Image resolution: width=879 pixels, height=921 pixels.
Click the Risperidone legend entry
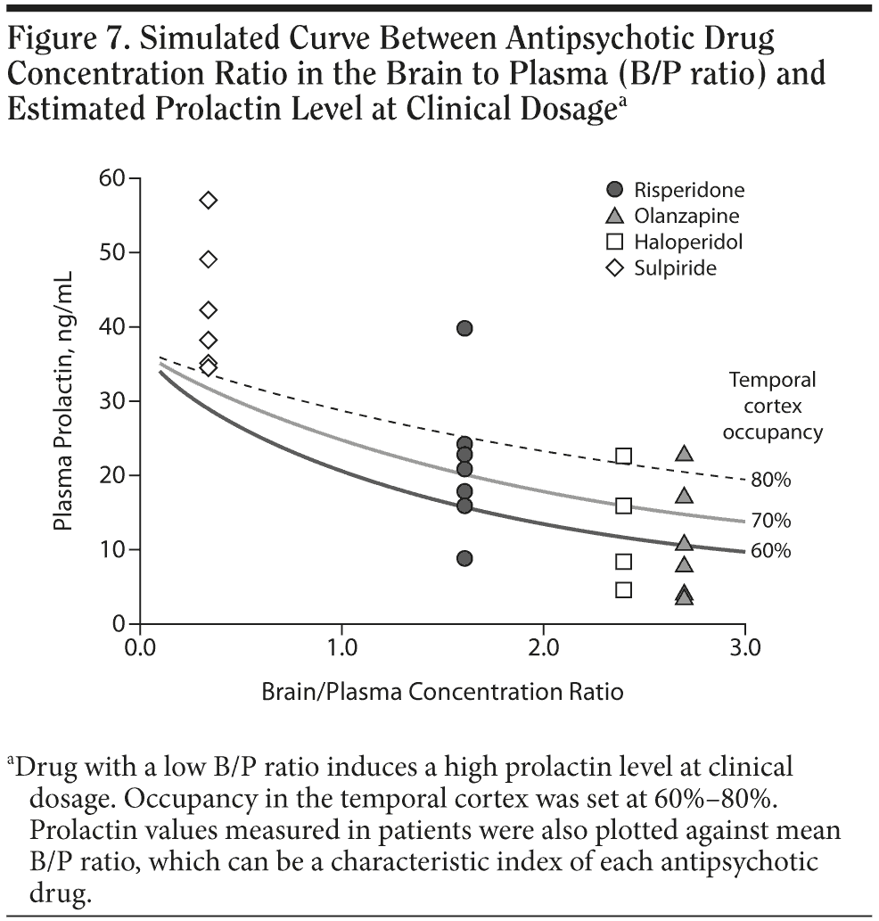click(676, 190)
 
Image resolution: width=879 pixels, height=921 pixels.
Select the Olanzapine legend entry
click(674, 216)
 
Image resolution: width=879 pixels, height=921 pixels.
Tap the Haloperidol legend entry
click(676, 242)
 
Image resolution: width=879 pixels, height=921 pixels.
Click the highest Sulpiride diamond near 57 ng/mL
click(209, 200)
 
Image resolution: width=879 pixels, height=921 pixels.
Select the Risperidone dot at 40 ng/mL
click(464, 328)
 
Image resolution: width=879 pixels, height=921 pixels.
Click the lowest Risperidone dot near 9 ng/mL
click(464, 558)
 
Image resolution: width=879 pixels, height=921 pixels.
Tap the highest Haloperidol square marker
click(624, 456)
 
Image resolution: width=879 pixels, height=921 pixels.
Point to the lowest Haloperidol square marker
click(624, 589)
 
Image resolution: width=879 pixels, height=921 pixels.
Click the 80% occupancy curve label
click(770, 481)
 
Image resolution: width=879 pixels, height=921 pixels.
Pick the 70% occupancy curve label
click(770, 521)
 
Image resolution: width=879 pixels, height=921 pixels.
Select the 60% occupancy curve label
click(770, 551)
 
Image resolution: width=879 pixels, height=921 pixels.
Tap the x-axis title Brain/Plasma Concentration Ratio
click(442, 691)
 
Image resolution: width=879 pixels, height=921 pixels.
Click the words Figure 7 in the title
click(67, 39)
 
